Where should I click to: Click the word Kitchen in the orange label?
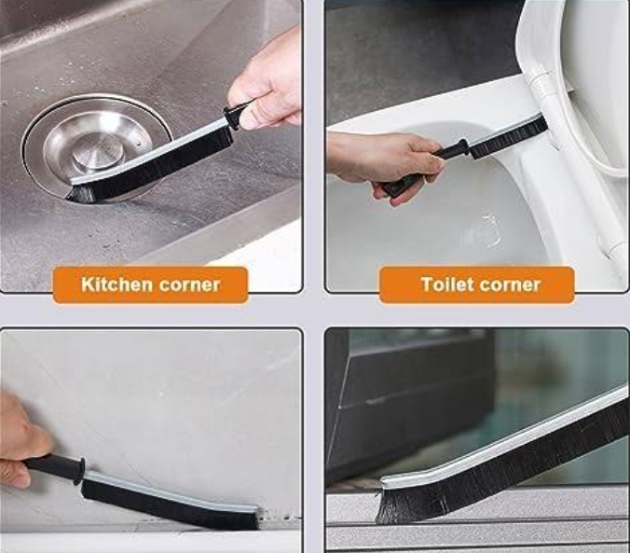(x=116, y=284)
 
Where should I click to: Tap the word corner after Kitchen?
(x=189, y=285)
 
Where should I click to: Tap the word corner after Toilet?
(x=510, y=285)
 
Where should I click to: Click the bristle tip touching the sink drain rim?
(x=75, y=193)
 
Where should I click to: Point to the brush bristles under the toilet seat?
(x=509, y=137)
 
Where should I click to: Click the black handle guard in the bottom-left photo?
(x=78, y=469)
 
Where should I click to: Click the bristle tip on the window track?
(x=387, y=506)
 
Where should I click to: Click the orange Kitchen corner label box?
(x=150, y=284)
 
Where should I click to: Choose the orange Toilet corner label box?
(x=476, y=284)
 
